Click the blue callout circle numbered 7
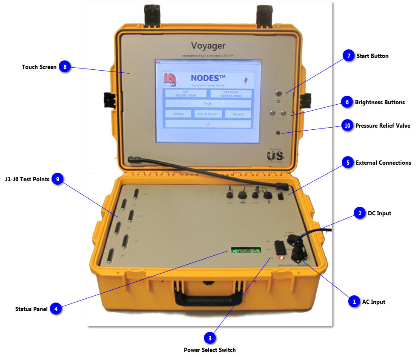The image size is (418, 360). tap(349, 56)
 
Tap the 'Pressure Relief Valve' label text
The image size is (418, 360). tap(383, 126)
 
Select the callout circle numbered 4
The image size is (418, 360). tap(55, 309)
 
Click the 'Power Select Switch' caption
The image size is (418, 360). tap(209, 350)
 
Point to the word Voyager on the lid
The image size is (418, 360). tap(208, 46)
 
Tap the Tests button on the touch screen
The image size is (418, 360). tap(208, 104)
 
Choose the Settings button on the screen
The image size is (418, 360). tap(178, 114)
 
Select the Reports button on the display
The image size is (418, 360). tap(238, 114)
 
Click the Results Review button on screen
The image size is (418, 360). tap(208, 114)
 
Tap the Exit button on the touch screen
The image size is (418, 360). tap(208, 124)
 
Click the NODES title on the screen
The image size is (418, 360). tap(208, 78)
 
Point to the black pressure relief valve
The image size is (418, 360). tap(278, 133)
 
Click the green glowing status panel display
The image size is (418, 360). tap(246, 250)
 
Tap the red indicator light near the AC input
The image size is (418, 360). tap(281, 257)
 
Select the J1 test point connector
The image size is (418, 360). tap(136, 194)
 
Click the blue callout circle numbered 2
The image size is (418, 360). tap(360, 213)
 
